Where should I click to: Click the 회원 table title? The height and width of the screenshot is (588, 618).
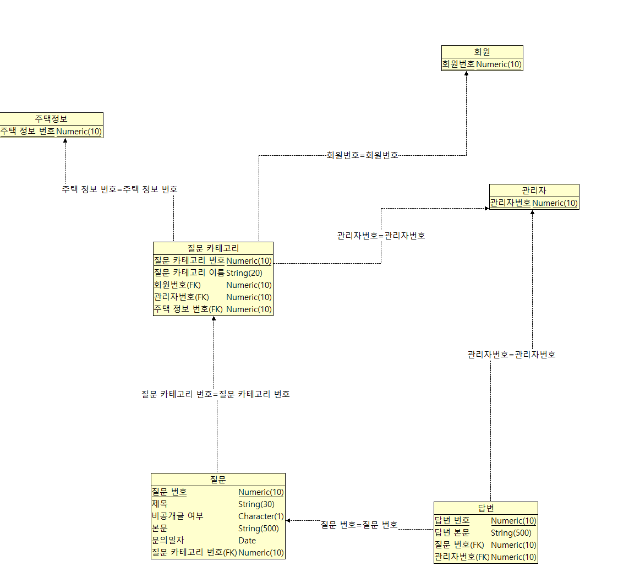pos(482,52)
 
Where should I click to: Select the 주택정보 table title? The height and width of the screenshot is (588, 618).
pos(51,119)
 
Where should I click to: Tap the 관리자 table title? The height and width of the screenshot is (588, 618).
pos(534,190)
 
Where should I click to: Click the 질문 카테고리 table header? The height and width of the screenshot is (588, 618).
pos(213,248)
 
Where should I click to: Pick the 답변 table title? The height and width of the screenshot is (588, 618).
pos(485,508)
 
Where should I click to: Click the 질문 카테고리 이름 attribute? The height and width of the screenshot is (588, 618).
pos(189,273)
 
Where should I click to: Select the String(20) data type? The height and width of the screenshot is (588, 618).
pos(244,273)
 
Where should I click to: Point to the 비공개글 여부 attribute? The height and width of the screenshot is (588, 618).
pos(177,516)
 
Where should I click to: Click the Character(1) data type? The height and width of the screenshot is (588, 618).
pos(261,516)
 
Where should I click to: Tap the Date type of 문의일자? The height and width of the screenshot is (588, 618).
pos(247,541)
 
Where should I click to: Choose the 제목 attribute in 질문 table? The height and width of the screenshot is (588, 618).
pos(160,504)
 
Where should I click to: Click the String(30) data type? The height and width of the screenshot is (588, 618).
pos(256,504)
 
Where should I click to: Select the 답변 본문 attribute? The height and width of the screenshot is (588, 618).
pos(452,532)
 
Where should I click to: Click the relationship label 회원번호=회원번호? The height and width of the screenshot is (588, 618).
pos(362,155)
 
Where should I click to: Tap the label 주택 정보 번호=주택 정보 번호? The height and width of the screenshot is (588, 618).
pos(119,189)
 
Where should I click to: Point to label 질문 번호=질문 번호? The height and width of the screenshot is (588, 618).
pos(359,525)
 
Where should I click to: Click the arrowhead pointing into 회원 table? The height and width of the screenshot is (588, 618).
pos(467,74)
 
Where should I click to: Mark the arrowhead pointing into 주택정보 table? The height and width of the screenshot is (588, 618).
pos(65,141)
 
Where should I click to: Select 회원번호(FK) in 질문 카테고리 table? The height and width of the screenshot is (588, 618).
pos(177,285)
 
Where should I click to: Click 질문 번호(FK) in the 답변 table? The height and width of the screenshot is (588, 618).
pos(459,545)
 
